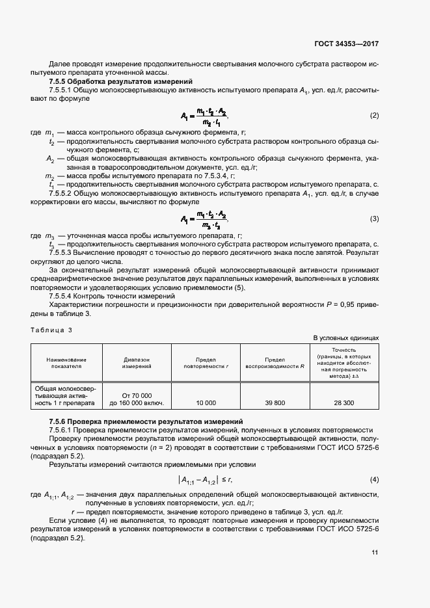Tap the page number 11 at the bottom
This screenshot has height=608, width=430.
click(x=375, y=553)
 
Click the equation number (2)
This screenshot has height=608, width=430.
click(x=374, y=116)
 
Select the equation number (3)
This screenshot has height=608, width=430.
click(x=374, y=218)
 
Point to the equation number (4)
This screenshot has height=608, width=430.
click(x=374, y=480)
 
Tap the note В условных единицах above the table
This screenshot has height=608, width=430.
click(x=346, y=338)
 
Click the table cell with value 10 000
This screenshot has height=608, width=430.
click(x=206, y=403)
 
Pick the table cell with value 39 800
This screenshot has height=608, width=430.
click(x=275, y=403)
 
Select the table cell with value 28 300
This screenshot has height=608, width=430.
click(x=344, y=403)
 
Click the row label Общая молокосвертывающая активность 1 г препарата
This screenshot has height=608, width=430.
click(x=66, y=395)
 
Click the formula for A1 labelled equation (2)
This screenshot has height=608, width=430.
click(x=205, y=116)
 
